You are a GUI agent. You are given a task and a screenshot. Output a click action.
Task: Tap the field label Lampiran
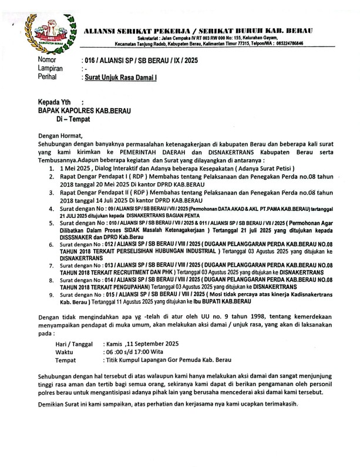click(52, 69)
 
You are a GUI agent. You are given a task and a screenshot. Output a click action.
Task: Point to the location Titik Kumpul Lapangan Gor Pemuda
click(167, 359)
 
